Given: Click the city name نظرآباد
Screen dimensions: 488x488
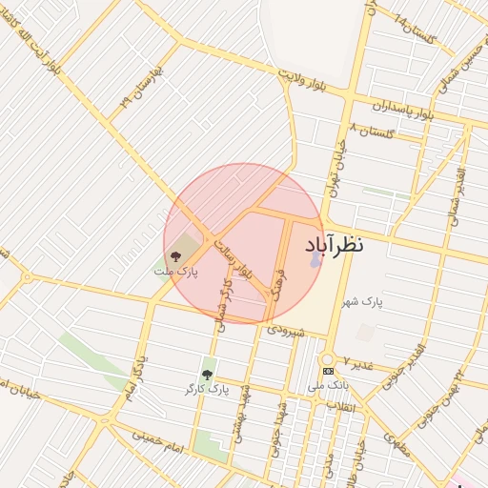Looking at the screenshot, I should coord(335,244).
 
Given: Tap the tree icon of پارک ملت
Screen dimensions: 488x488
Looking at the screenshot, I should coord(174,255).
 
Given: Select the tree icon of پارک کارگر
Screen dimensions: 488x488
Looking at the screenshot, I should coord(207,375).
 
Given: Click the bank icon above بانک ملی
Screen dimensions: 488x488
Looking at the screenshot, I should coord(328,371).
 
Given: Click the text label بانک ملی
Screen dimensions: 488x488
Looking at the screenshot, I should coord(329,387).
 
